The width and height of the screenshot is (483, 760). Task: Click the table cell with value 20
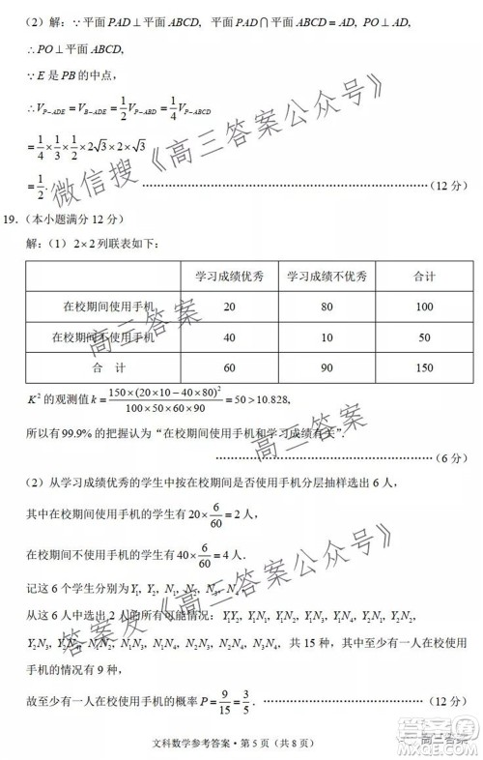tap(229, 307)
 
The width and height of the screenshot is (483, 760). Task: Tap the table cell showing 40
tap(229, 337)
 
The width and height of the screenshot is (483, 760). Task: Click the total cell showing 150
tap(423, 368)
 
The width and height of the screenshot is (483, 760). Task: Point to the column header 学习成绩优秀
tap(229, 276)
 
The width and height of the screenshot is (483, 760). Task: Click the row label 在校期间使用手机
tap(108, 307)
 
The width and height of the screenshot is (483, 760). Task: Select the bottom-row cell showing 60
tap(229, 368)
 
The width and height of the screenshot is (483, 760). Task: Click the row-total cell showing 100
tap(423, 307)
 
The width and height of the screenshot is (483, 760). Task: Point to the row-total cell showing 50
tap(423, 337)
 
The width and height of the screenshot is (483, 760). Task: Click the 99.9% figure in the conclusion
tap(73, 430)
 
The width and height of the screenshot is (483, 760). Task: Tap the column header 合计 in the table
tap(423, 276)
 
